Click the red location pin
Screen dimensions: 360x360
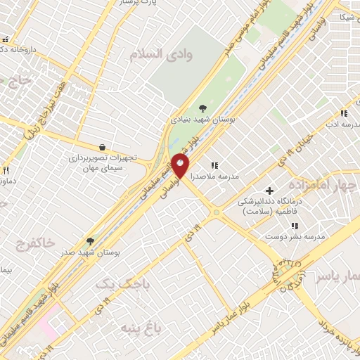point(180,167)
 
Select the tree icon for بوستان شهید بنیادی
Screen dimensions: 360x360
point(202,108)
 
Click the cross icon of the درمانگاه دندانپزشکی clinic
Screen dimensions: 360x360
point(269,190)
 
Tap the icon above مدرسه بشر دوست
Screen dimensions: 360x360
point(295,226)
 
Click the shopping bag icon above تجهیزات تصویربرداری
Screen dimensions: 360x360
point(103,147)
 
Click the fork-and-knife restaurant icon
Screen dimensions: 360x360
point(6,169)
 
